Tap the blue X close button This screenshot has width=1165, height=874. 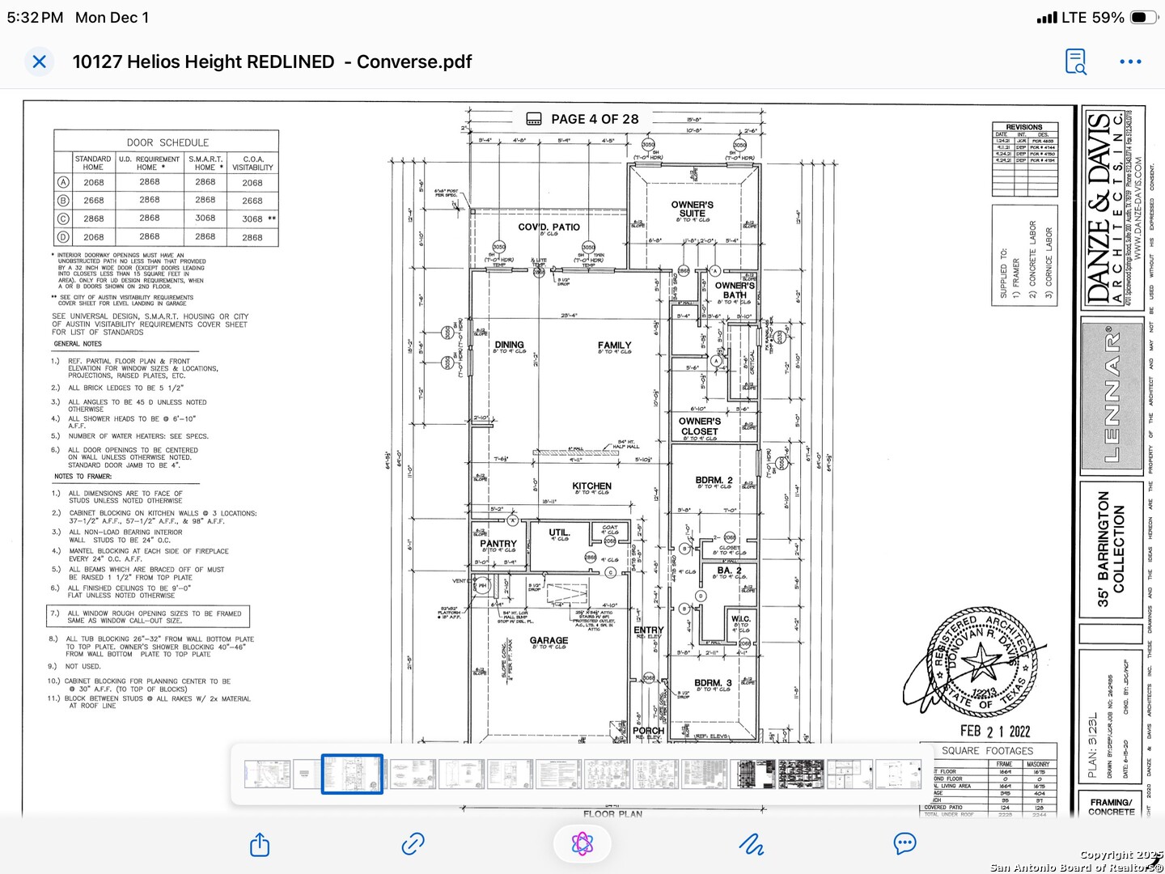tap(39, 62)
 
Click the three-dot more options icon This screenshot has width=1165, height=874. tap(1130, 62)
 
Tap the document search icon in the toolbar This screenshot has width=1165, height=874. tap(1075, 62)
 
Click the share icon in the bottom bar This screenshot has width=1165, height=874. tap(260, 845)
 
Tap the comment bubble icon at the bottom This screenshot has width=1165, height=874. tap(904, 844)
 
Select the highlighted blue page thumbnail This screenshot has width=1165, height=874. tap(352, 774)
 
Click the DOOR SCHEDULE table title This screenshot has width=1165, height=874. tap(167, 142)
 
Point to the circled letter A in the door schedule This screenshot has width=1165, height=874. tap(63, 183)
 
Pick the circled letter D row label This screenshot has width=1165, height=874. tap(63, 237)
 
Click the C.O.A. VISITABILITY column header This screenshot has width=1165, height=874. tap(252, 163)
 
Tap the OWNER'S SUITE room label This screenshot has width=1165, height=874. tap(692, 209)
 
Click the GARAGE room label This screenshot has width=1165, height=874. tap(549, 641)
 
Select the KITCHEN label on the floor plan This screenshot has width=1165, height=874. tap(591, 486)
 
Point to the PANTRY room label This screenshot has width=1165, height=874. tap(498, 544)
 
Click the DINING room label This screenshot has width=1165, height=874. tap(509, 345)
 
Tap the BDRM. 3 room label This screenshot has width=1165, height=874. tap(713, 683)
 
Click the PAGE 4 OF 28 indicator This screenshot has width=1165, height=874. tap(595, 119)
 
